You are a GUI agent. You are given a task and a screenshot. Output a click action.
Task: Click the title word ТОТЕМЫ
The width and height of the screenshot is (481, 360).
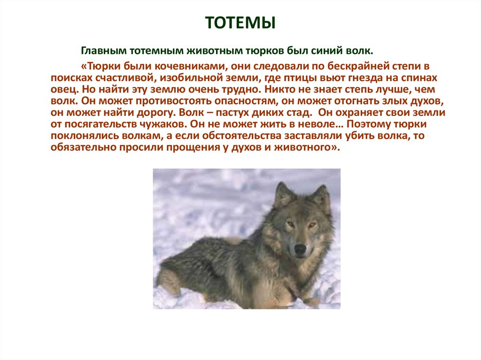[x=240, y=23]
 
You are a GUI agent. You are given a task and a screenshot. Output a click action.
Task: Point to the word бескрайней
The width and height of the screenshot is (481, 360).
[x=327, y=66]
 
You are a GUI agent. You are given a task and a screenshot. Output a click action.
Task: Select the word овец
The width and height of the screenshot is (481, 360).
[x=65, y=90]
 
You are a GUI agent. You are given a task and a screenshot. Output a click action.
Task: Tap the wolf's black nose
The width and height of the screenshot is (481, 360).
[x=300, y=249]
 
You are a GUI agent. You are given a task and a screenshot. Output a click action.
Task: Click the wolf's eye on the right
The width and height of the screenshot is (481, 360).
[x=312, y=225]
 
